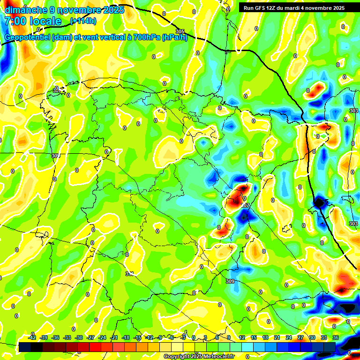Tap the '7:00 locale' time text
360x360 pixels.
[33, 21]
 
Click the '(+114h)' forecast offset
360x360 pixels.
[83, 21]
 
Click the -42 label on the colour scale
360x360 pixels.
[32, 337]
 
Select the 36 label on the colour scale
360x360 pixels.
[336, 337]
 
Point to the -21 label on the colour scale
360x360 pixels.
[114, 337]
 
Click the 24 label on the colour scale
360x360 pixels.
[289, 337]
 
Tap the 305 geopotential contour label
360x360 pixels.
[180, 31]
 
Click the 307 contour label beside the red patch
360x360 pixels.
[245, 205]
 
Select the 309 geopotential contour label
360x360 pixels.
[230, 281]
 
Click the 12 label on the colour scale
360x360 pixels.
[242, 337]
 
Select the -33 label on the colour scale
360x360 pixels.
[67, 337]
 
